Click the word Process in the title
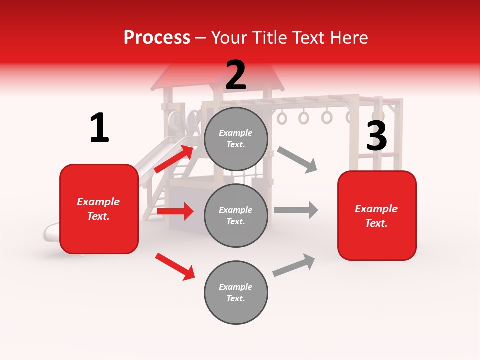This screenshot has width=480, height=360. pyautogui.click(x=157, y=37)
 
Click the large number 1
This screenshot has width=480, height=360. pyautogui.click(x=99, y=128)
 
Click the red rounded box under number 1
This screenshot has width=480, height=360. pyautogui.click(x=99, y=209)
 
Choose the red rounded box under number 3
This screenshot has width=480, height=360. pyautogui.click(x=377, y=215)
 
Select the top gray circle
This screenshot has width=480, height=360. pyautogui.click(x=236, y=139)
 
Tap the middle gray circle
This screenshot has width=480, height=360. pyautogui.click(x=236, y=215)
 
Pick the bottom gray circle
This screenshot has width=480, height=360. pyautogui.click(x=236, y=292)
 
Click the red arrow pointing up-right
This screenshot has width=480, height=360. pyautogui.click(x=174, y=158)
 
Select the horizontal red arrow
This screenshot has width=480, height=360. pyautogui.click(x=175, y=212)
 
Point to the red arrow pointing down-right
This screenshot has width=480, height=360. pyautogui.click(x=175, y=266)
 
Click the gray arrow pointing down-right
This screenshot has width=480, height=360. pyautogui.click(x=297, y=160)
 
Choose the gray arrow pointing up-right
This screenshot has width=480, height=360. pyautogui.click(x=294, y=265)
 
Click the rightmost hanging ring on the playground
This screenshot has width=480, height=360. pyautogui.click(x=350, y=117)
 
